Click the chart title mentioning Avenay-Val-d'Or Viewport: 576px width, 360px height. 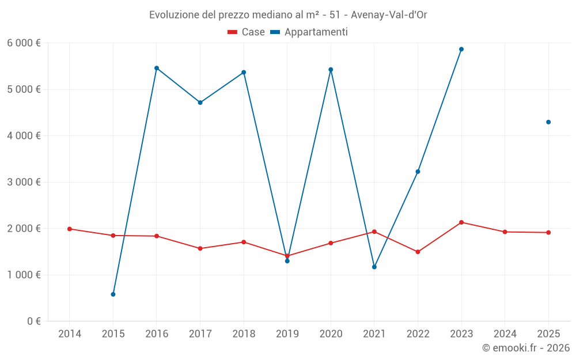(x=288, y=14)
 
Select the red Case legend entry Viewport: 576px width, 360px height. (x=246, y=32)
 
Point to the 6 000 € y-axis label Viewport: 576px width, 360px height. (x=24, y=43)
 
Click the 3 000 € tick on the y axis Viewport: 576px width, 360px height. (x=24, y=182)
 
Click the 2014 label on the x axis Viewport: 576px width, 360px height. (x=70, y=334)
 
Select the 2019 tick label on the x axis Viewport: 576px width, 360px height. (x=287, y=334)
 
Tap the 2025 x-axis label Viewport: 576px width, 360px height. (x=548, y=334)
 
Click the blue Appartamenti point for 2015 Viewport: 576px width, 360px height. (x=113, y=294)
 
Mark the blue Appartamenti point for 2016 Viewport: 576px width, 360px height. (x=157, y=68)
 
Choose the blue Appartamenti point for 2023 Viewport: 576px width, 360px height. (x=461, y=50)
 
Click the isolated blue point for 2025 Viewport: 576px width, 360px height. (x=548, y=122)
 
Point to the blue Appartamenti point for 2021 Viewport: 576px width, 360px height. (x=374, y=267)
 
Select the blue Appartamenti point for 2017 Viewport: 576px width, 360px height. (x=200, y=103)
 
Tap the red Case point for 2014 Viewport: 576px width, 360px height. (x=70, y=229)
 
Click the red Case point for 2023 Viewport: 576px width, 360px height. (x=461, y=222)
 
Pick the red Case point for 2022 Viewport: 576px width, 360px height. (x=418, y=252)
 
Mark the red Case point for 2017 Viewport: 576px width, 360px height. (x=200, y=248)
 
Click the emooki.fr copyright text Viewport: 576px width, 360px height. (x=525, y=348)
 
